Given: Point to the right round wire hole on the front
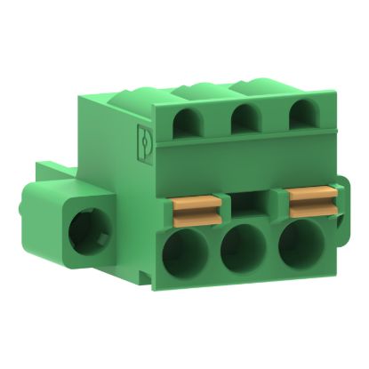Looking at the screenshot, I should (296, 248).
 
